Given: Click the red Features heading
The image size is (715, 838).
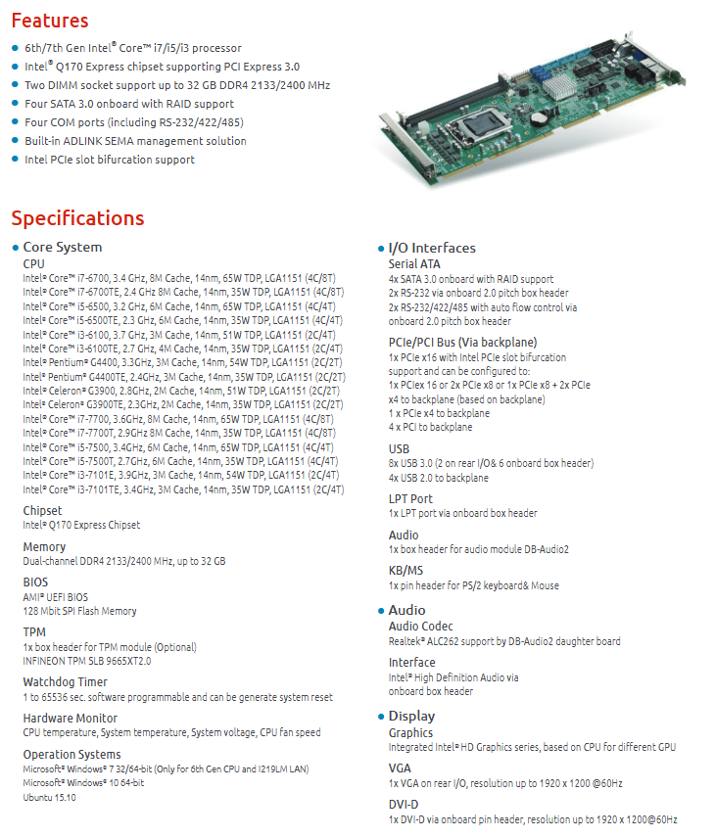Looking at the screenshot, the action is (50, 21).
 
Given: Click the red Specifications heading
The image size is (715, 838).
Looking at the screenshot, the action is (78, 218).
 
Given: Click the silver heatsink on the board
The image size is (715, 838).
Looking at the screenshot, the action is (559, 86).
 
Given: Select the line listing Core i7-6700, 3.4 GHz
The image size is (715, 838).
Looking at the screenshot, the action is (179, 278).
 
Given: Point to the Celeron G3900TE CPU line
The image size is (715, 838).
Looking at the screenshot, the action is (183, 404).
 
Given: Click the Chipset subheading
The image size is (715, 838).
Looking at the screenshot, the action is (42, 510).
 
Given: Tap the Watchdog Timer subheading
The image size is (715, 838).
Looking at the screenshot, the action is (66, 682).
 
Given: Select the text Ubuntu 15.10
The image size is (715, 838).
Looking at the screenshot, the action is (49, 798).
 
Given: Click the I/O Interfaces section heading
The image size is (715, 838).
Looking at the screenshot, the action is (432, 248).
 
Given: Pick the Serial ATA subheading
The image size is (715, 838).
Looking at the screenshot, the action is (414, 264).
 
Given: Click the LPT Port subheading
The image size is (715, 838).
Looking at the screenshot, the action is (410, 498).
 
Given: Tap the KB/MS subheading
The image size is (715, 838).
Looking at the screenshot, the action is (405, 570).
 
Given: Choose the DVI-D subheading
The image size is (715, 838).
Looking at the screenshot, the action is (404, 805).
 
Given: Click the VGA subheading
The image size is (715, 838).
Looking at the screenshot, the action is (400, 768).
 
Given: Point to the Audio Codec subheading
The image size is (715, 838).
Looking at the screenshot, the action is (420, 626).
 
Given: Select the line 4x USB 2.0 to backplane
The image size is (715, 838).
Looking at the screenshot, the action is (439, 478).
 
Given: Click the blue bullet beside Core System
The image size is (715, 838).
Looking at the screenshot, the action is (16, 248).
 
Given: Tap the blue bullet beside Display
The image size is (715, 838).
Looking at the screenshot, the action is (381, 717).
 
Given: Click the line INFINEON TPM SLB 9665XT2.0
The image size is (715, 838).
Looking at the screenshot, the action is (86, 661).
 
